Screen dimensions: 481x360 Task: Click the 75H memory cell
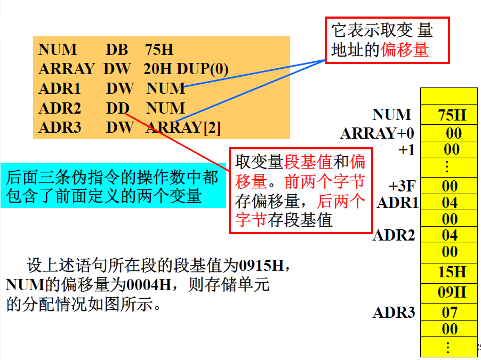(450, 115)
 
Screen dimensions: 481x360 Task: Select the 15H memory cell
(450, 272)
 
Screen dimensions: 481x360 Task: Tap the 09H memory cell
(450, 292)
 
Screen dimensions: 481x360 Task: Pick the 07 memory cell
(450, 312)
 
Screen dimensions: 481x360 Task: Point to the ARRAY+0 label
(378, 133)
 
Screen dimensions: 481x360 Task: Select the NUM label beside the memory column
(392, 115)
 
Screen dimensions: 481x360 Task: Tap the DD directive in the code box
(117, 108)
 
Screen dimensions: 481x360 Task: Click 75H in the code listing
(159, 50)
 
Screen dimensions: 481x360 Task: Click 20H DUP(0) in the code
(186, 69)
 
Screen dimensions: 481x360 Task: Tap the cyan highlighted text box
(112, 187)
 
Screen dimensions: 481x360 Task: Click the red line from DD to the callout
(181, 142)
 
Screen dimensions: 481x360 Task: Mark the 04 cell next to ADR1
(450, 202)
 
